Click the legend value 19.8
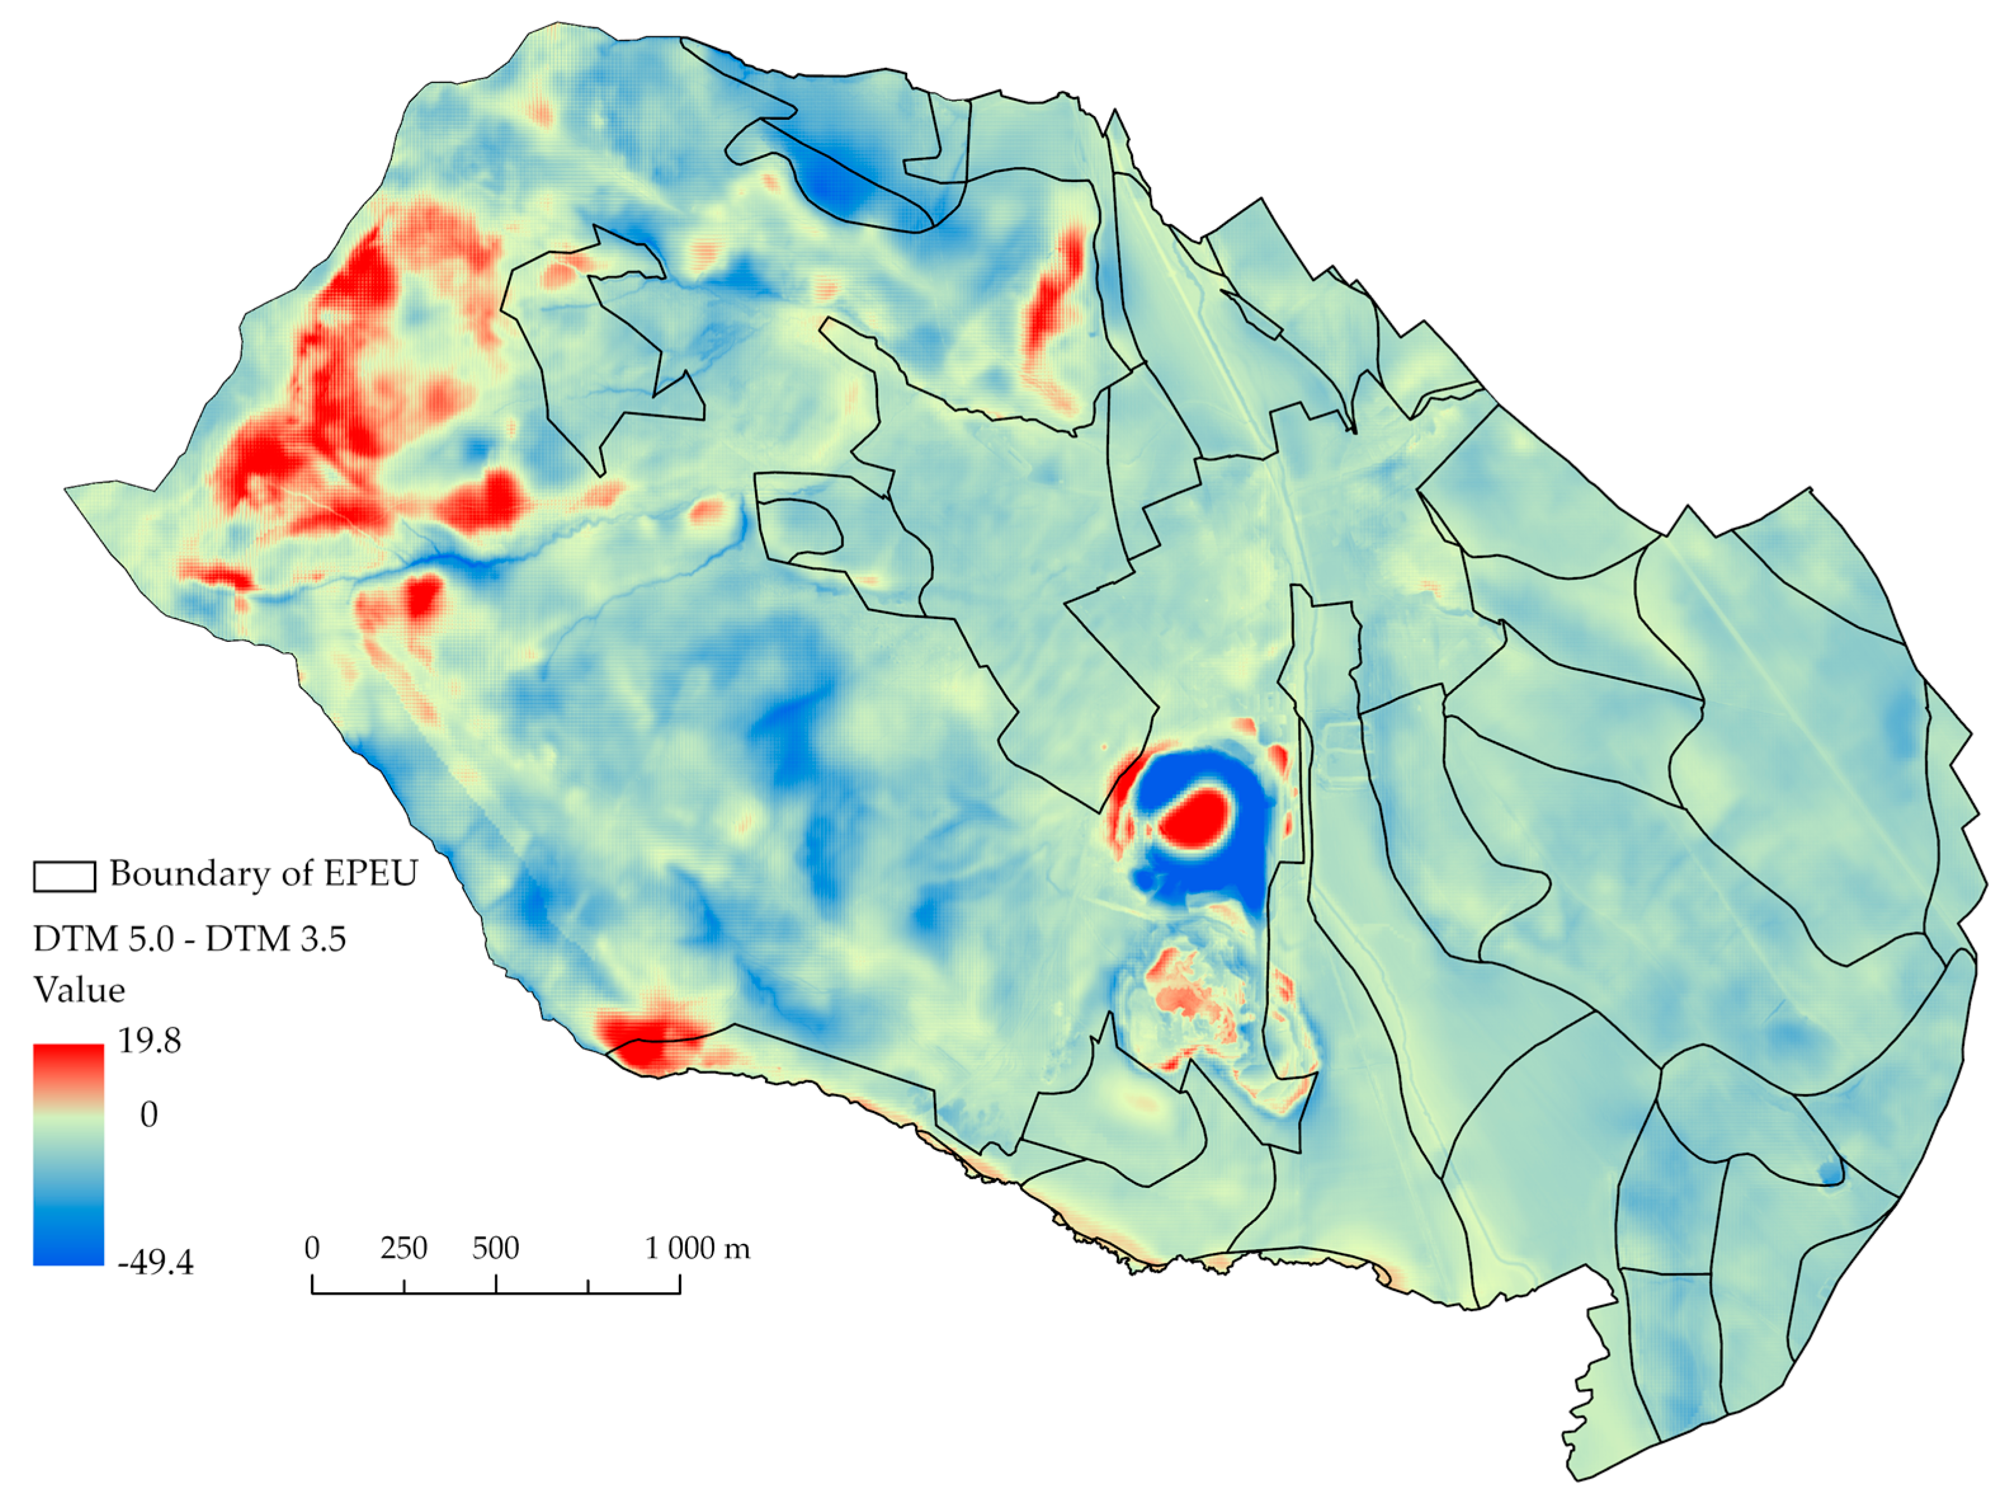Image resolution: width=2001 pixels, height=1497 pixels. (149, 1041)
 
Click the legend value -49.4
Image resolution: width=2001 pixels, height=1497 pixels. (155, 1262)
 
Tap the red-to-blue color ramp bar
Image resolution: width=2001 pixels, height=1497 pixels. (69, 1153)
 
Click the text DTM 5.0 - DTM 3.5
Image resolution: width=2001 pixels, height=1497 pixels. (189, 939)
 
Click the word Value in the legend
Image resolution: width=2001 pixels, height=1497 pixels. (79, 990)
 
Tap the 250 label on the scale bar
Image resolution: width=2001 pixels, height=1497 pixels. (403, 1248)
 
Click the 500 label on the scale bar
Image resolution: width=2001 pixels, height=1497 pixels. (495, 1248)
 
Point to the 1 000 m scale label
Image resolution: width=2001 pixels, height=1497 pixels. (697, 1248)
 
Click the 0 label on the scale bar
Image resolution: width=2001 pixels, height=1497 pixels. (312, 1248)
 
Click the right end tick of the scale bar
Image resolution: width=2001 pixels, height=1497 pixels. (680, 1285)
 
